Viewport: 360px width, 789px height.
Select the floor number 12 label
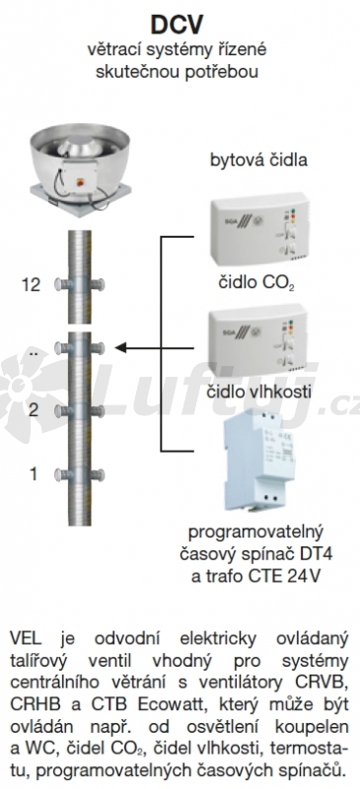tap(31, 285)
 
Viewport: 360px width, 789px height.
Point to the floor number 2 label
tap(34, 410)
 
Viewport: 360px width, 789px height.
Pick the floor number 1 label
tap(34, 473)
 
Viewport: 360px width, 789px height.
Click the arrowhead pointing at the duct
tap(120, 348)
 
